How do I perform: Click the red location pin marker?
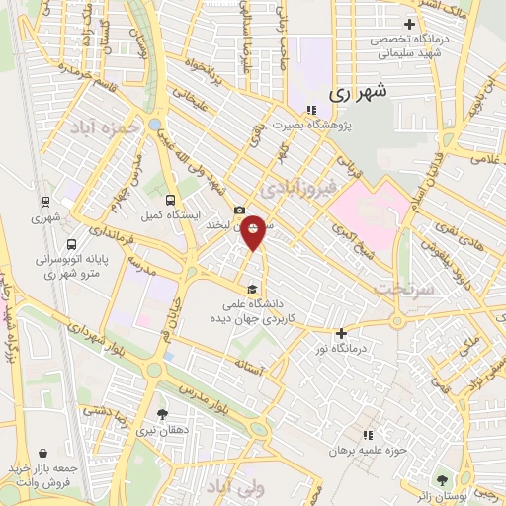click(x=254, y=231)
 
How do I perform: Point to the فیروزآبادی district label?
click(x=297, y=185)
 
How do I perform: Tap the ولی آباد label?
click(x=231, y=487)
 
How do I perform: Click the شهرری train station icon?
click(x=44, y=200)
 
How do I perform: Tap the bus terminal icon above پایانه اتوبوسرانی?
click(x=71, y=244)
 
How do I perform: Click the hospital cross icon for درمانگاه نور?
click(x=342, y=334)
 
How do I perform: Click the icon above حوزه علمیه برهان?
click(x=368, y=435)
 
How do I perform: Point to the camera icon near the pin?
click(x=239, y=210)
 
